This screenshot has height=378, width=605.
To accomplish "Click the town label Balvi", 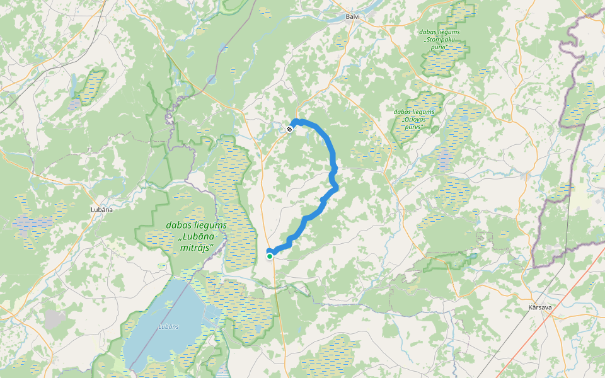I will (352, 17).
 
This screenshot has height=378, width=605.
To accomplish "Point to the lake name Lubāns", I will (168, 326).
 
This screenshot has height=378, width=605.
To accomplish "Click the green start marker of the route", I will (270, 256).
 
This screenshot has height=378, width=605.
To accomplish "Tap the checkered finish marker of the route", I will (289, 129).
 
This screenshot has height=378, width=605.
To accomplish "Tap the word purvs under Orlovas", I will (413, 127).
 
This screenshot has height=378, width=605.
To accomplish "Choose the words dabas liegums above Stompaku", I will (439, 31).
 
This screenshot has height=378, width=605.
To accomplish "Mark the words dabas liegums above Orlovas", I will (413, 112).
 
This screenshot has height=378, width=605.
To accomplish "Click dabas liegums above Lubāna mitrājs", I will (196, 225).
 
